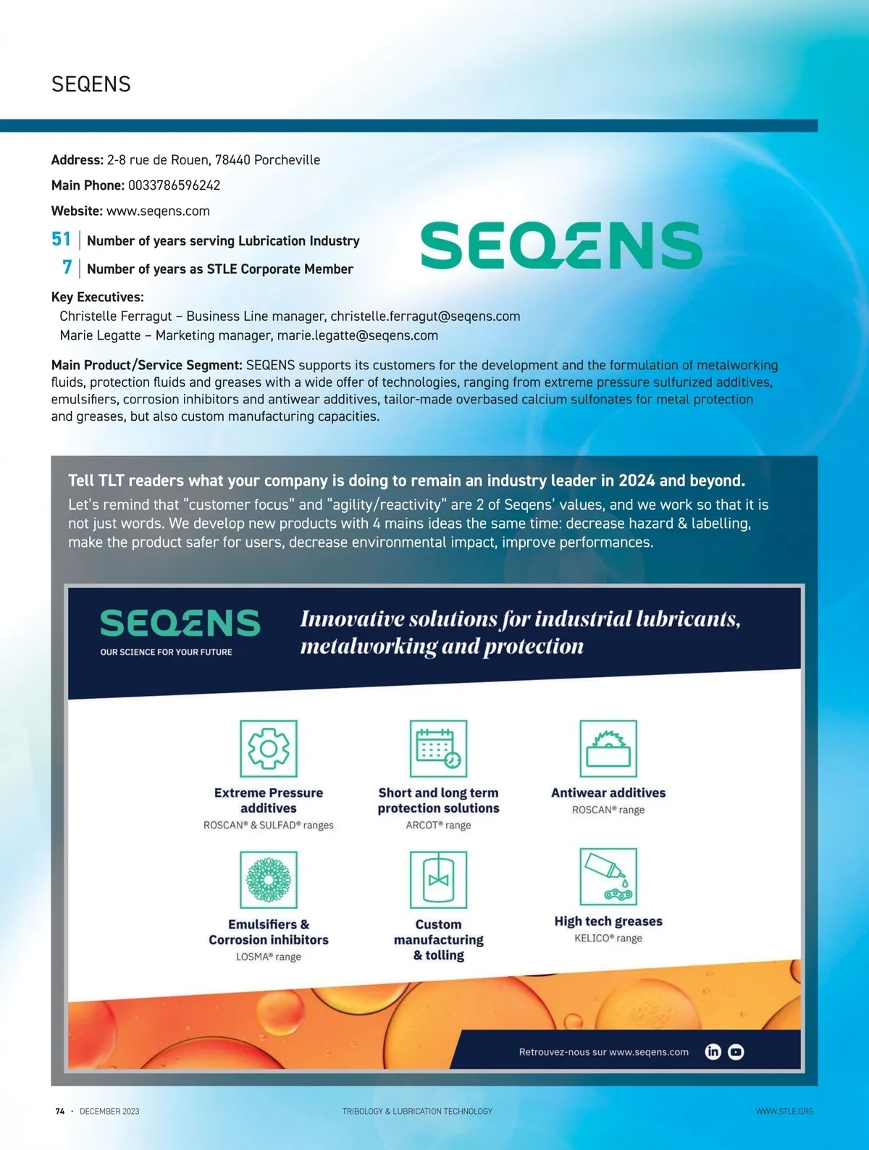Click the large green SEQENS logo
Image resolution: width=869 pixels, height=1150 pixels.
(561, 245)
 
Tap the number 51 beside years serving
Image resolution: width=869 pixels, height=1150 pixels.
(61, 239)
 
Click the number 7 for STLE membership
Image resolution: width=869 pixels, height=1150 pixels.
(67, 267)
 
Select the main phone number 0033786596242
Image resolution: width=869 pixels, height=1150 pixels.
(174, 185)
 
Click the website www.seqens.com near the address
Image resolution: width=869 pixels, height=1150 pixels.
(158, 211)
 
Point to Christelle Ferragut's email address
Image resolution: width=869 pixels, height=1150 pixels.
(425, 316)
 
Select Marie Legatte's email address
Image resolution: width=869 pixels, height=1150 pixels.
(358, 335)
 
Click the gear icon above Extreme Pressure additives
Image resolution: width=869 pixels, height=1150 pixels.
(269, 748)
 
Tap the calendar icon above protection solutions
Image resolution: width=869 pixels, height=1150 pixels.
(438, 748)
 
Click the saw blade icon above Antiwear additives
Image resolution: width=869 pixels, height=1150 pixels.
(608, 748)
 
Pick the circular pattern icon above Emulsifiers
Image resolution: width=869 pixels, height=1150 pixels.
(269, 879)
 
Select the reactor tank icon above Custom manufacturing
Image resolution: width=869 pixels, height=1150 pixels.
(438, 879)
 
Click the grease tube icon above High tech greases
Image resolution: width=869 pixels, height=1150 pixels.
(608, 876)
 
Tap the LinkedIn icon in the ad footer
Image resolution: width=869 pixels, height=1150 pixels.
(713, 1052)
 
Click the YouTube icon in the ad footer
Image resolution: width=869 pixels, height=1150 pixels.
(736, 1052)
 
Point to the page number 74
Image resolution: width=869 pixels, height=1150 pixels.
(60, 1111)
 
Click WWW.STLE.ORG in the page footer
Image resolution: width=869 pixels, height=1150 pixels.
(784, 1111)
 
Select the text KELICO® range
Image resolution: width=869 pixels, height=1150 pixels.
(608, 939)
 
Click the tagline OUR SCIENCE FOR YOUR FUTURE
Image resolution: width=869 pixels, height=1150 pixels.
(167, 652)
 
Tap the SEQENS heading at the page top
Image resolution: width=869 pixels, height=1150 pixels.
(91, 85)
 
